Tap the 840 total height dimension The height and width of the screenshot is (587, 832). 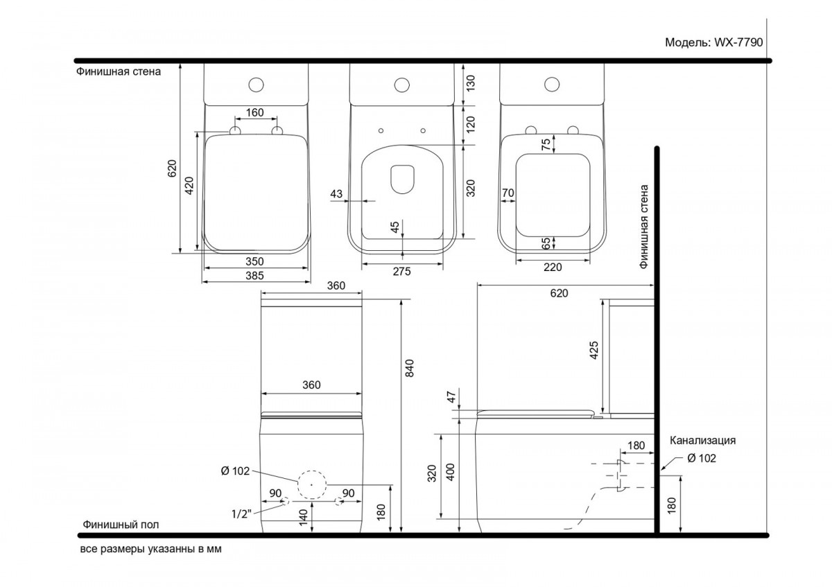pyautogui.click(x=409, y=368)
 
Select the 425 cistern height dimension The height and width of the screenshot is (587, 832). pyautogui.click(x=594, y=350)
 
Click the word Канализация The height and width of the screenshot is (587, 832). pyautogui.click(x=703, y=440)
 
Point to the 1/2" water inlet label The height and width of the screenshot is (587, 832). pyautogui.click(x=241, y=514)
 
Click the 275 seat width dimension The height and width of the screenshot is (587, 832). pyautogui.click(x=402, y=272)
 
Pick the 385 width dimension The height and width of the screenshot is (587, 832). pyautogui.click(x=254, y=276)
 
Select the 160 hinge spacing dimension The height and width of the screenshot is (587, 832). pyautogui.click(x=255, y=112)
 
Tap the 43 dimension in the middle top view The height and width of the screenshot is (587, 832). pyautogui.click(x=336, y=193)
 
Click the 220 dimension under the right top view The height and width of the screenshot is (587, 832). pyautogui.click(x=553, y=267)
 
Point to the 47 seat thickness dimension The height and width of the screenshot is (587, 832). pyautogui.click(x=451, y=397)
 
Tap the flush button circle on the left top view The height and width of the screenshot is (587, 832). pyautogui.click(x=256, y=85)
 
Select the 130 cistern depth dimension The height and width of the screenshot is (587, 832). pyautogui.click(x=470, y=83)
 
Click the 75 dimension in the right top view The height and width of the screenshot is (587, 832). pyautogui.click(x=546, y=144)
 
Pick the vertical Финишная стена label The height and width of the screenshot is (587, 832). pyautogui.click(x=643, y=227)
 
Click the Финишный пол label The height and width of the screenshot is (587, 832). pyautogui.click(x=121, y=525)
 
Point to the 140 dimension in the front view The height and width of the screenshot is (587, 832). pyautogui.click(x=303, y=518)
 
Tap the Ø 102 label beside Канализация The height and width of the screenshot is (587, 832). pyautogui.click(x=701, y=458)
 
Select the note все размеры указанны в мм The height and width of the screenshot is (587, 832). pyautogui.click(x=151, y=549)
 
